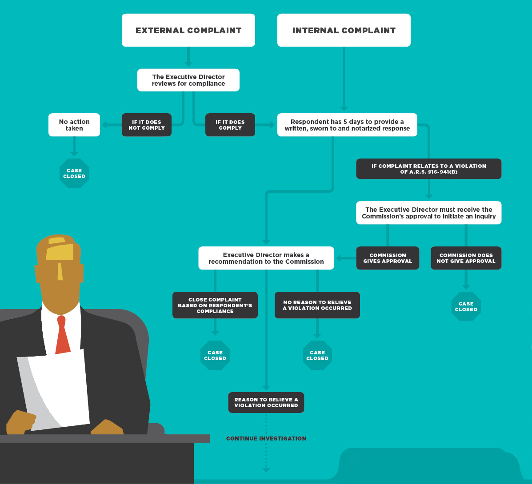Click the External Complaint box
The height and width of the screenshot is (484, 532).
188,30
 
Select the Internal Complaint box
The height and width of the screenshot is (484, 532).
344,30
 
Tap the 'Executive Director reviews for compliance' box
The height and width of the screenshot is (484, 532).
188,80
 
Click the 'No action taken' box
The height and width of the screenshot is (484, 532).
74,125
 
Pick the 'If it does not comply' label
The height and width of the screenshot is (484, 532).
147,125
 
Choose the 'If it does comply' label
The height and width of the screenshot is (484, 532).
230,125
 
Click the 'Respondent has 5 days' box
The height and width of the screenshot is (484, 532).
347,125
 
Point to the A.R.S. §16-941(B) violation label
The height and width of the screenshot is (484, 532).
428,169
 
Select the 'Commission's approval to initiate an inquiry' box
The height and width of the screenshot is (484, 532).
428,213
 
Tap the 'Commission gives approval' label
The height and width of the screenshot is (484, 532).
388,258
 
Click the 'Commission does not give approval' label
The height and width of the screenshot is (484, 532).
466,258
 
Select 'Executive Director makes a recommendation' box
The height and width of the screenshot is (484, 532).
266,258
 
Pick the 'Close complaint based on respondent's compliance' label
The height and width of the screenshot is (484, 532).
215,305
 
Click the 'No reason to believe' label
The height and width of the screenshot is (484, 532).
317,305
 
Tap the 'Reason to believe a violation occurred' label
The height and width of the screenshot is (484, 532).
266,402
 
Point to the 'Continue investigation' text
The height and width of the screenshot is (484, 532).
266,438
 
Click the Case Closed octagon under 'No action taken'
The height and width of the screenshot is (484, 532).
74,173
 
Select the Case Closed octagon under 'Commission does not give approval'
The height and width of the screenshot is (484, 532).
466,306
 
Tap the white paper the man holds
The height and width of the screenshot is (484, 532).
54,390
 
